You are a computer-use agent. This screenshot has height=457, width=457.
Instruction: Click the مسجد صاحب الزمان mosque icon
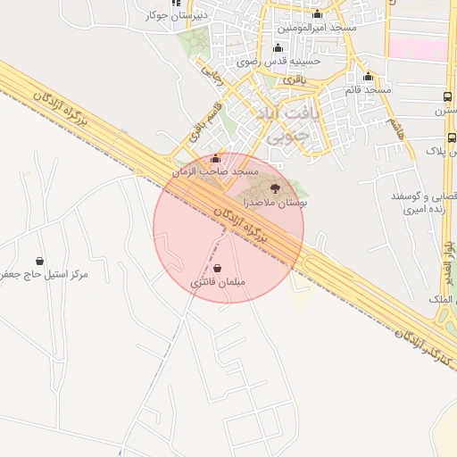coord(214,159)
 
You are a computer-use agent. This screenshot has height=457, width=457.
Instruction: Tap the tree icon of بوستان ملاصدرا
coord(274,187)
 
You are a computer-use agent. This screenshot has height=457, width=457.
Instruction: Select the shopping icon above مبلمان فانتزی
coord(219,268)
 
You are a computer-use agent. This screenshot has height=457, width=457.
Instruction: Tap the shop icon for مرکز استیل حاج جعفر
coord(39,261)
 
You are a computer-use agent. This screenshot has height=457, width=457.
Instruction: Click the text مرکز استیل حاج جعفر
coord(45,274)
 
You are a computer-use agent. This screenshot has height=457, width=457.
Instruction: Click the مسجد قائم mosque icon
coord(369,76)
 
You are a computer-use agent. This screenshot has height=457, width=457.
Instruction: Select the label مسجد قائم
coord(368,90)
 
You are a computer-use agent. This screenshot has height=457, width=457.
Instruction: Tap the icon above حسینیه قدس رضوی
coord(277,48)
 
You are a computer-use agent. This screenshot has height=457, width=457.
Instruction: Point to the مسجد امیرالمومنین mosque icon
coord(318,13)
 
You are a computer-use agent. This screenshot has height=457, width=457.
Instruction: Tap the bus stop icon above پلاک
coord(452,137)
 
